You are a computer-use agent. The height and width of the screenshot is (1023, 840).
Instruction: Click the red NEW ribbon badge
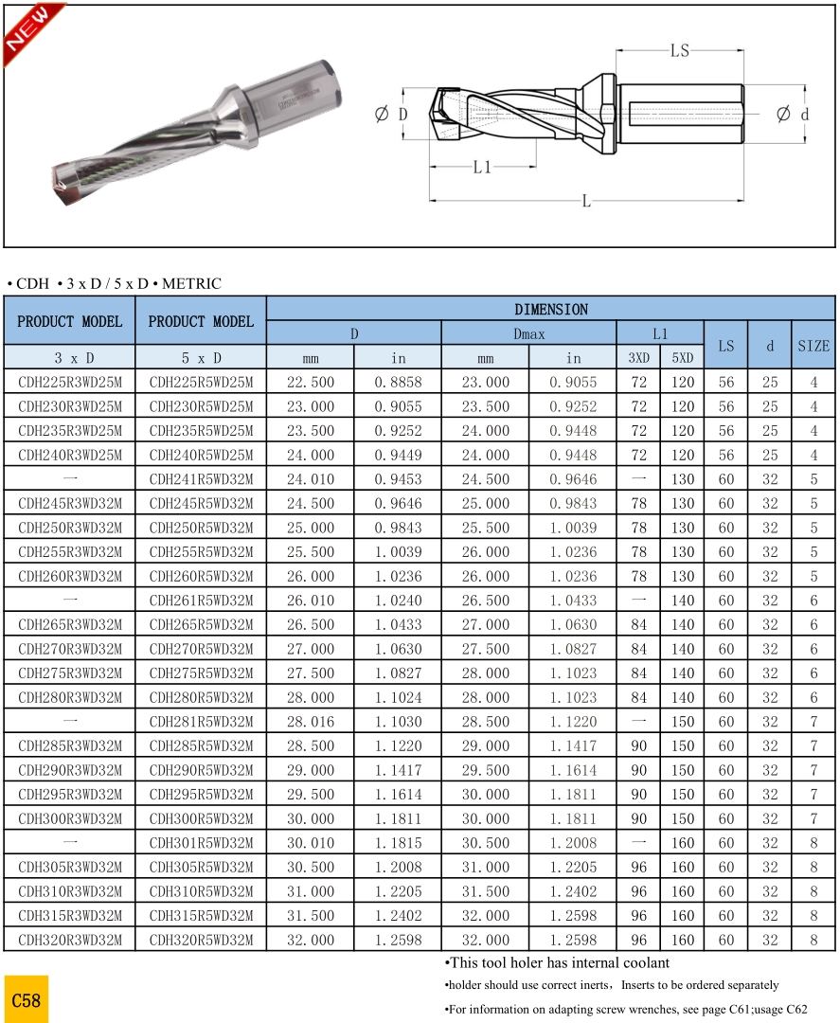click(28, 31)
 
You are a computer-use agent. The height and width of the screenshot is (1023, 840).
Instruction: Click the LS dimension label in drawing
click(680, 51)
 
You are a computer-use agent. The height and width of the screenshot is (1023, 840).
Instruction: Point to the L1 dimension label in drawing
click(482, 167)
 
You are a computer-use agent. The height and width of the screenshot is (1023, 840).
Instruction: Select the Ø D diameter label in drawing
click(391, 115)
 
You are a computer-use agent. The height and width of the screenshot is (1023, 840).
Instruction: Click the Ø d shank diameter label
click(793, 115)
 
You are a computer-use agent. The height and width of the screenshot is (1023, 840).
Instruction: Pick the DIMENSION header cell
click(550, 309)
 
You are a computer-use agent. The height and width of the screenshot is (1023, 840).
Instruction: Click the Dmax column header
click(528, 333)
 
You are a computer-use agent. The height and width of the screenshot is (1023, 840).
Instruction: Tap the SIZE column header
click(813, 346)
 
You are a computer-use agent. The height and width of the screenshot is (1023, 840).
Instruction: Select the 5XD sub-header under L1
click(682, 358)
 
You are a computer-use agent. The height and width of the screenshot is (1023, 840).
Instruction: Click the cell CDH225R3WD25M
click(70, 383)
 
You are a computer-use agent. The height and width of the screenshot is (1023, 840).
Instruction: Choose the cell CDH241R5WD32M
click(201, 479)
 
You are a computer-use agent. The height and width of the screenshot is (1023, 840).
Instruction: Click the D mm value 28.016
click(311, 722)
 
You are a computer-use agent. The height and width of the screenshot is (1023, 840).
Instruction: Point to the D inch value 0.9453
click(398, 479)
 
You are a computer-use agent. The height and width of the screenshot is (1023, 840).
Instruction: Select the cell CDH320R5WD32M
click(201, 940)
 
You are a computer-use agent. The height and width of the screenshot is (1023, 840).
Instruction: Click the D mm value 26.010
click(311, 601)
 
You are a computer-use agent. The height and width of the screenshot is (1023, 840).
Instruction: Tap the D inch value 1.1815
click(398, 843)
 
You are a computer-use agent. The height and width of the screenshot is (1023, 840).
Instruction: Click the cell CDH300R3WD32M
click(70, 818)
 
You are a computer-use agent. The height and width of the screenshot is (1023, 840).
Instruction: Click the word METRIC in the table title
click(191, 283)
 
